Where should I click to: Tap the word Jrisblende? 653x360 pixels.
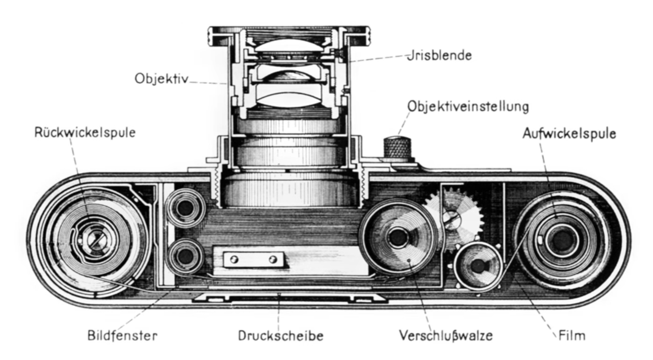coord(439,55)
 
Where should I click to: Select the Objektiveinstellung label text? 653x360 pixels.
coord(468,106)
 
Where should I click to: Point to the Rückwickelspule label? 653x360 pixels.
coord(85,132)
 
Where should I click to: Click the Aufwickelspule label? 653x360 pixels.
coord(569,134)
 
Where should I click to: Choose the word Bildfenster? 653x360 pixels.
coord(122,335)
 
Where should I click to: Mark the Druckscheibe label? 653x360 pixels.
coord(280,335)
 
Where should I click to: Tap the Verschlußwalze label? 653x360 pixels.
coord(446,335)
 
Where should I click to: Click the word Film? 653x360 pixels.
coord(571,335)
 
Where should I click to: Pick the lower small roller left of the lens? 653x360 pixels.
coord(185,256)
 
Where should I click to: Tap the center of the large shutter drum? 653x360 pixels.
coord(398,238)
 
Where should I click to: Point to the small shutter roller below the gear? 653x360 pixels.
coord(478,266)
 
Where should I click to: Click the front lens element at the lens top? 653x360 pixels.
coord(288,47)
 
